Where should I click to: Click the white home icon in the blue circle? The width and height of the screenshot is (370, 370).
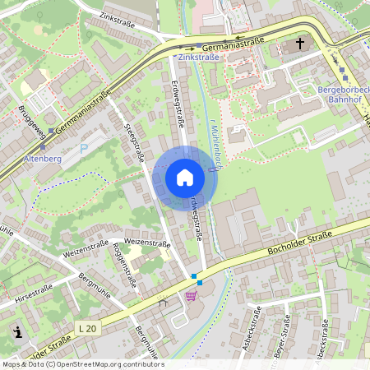pyautogui.click(x=185, y=178)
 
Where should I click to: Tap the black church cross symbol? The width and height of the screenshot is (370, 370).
pyautogui.click(x=300, y=44)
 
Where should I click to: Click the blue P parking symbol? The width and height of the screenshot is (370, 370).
pyautogui.click(x=83, y=150)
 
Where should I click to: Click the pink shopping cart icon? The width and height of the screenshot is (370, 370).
pyautogui.click(x=192, y=295)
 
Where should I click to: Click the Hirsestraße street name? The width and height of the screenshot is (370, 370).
pyautogui.click(x=33, y=294)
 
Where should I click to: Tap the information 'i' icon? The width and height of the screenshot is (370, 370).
pyautogui.click(x=18, y=331)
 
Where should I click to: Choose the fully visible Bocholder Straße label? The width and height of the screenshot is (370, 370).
pyautogui.click(x=300, y=245)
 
